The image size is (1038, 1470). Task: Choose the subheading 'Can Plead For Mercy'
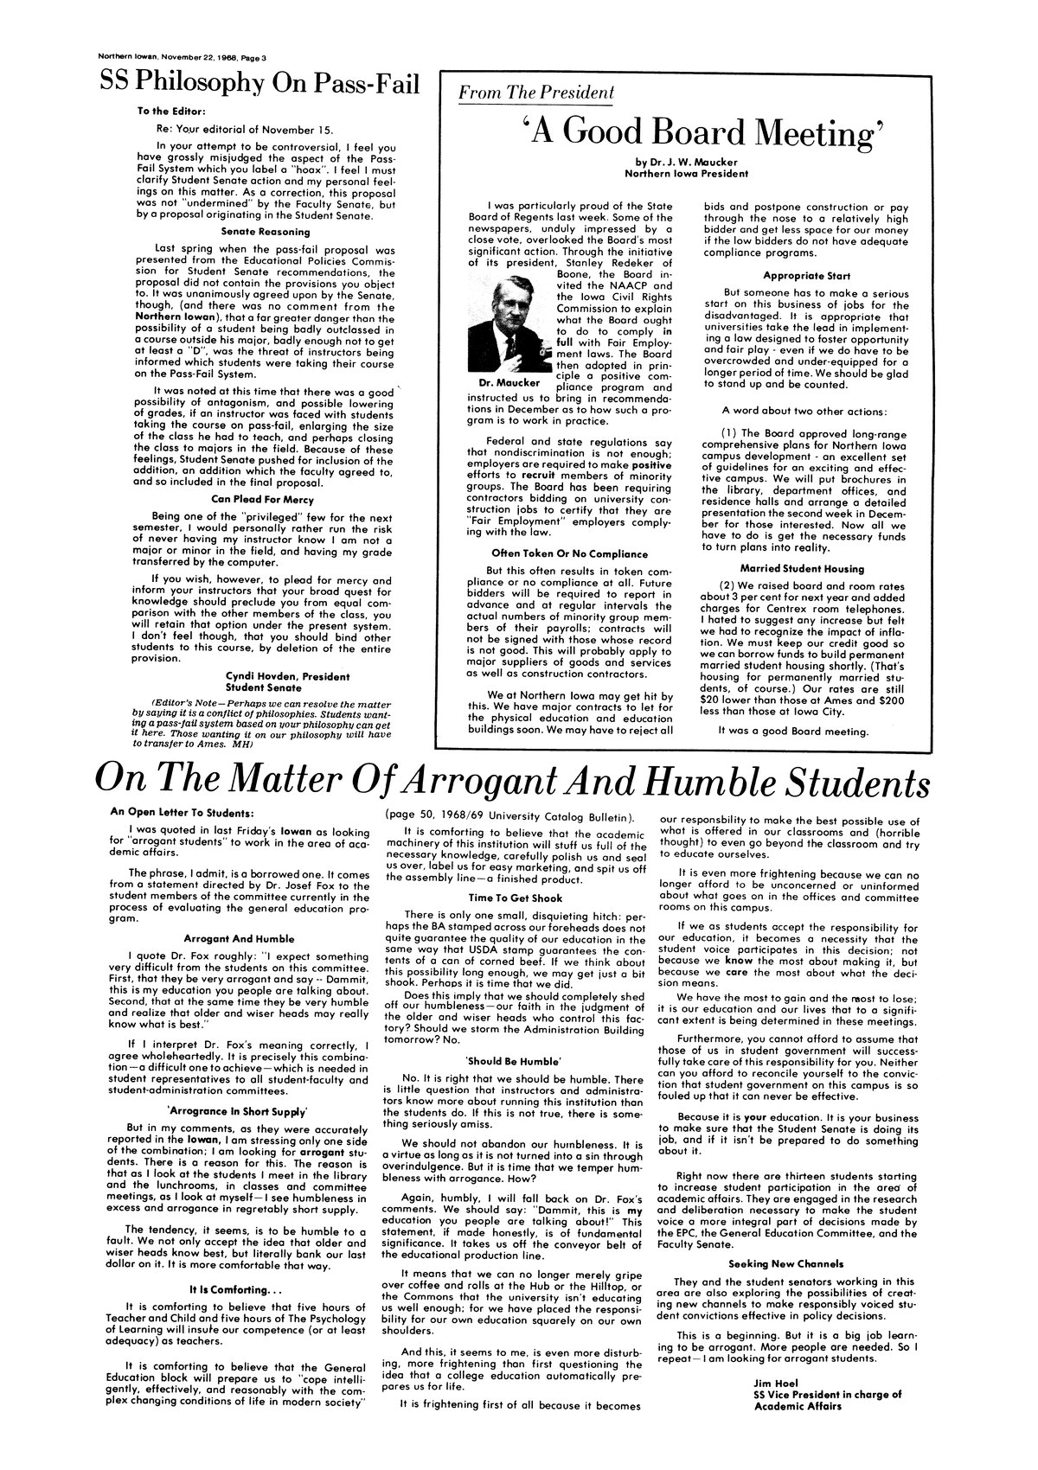257,499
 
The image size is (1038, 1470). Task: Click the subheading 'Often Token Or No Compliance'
569,553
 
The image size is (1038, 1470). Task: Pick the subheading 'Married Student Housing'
802,568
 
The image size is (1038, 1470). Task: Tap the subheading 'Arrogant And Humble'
240,937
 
